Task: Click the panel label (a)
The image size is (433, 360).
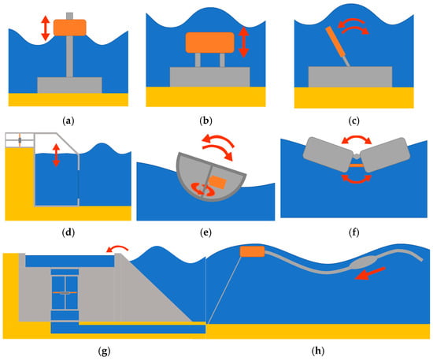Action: tap(68, 121)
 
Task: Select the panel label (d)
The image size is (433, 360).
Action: tap(68, 232)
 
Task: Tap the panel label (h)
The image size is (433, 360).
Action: tap(318, 351)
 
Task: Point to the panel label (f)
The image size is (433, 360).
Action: tap(353, 232)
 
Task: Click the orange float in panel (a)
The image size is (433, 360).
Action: tap(70, 28)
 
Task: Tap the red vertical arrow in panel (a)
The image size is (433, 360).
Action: tap(46, 28)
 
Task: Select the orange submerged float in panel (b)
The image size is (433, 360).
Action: tap(210, 43)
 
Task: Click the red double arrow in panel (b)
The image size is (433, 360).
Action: tap(243, 42)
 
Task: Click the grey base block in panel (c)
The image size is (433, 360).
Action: tap(350, 77)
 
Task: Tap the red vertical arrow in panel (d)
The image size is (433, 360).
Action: tap(56, 155)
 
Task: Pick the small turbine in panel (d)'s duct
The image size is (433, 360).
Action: tap(20, 140)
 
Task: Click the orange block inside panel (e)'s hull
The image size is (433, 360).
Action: tap(217, 182)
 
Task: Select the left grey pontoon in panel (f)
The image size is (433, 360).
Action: tap(328, 154)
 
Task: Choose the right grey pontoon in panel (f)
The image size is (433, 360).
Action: tap(385, 154)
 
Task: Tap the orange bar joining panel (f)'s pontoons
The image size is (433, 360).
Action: tap(357, 165)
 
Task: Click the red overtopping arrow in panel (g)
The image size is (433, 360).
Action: tap(117, 248)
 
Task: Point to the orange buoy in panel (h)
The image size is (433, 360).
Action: tap(253, 251)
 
